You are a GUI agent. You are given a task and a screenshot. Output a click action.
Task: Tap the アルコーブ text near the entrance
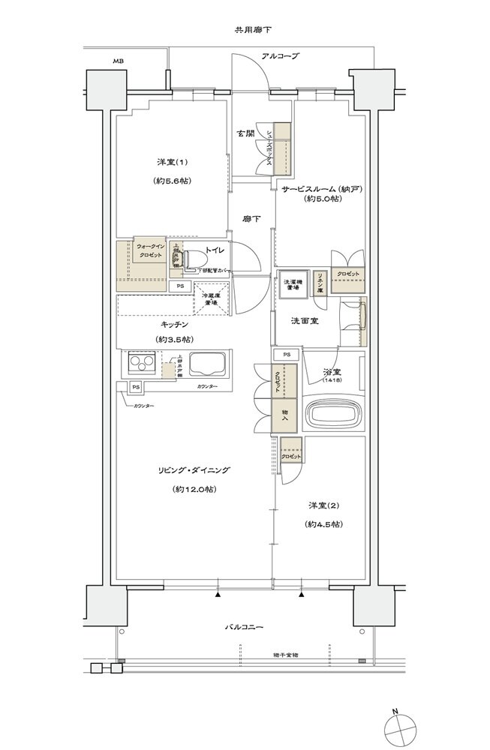280,56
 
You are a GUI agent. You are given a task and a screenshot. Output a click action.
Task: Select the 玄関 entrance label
245,133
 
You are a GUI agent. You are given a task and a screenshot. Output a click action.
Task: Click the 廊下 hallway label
251,218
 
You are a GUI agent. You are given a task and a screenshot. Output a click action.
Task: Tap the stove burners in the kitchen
140,364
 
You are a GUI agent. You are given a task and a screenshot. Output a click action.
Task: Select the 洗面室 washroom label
305,320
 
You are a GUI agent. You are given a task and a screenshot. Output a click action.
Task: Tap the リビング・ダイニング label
194,470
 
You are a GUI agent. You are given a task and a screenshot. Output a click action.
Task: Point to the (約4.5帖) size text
324,524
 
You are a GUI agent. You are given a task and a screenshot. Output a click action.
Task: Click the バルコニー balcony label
244,627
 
